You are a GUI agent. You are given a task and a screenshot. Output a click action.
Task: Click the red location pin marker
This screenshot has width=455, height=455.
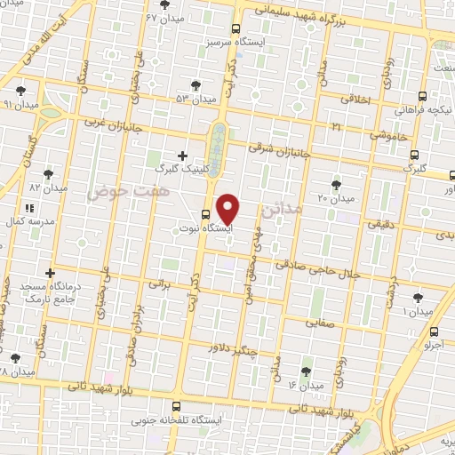point(228,208)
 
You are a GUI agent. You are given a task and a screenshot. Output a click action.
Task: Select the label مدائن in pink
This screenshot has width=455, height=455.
point(283,211)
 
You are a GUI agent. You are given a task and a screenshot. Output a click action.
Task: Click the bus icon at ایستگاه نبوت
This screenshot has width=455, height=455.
point(205,214)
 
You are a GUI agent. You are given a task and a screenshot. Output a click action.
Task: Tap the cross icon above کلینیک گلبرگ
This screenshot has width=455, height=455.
point(182,156)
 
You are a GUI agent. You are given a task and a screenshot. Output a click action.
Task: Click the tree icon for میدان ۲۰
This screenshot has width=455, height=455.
point(336,184)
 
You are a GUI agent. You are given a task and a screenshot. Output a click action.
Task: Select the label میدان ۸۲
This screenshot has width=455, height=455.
point(49,188)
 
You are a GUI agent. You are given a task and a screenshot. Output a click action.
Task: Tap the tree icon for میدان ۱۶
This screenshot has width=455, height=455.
point(307,371)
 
